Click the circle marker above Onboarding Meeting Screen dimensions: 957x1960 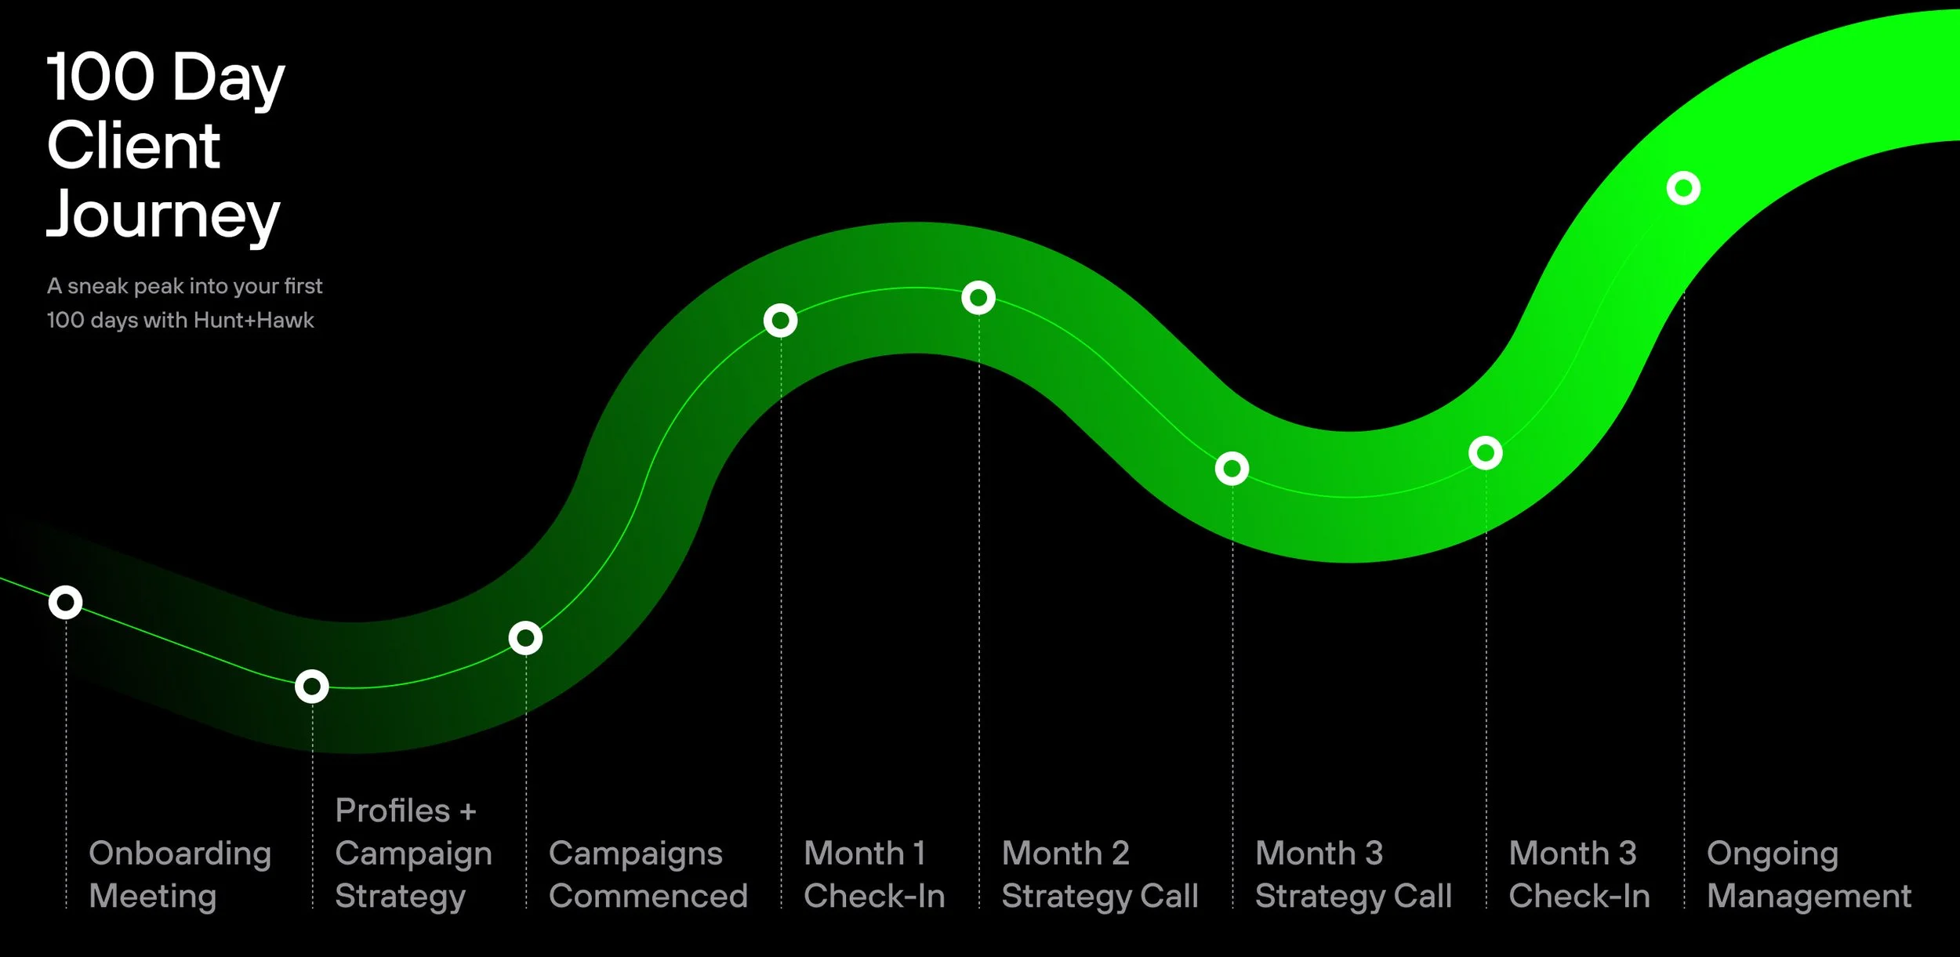pos(65,602)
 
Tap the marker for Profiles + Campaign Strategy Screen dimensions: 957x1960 pos(311,687)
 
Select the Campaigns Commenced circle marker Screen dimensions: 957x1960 pos(525,638)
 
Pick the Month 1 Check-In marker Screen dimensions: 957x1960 pos(780,320)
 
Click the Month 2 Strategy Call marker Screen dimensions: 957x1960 pos(978,298)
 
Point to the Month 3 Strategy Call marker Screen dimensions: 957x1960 pos(1232,469)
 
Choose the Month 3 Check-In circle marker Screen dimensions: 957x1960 pos(1485,453)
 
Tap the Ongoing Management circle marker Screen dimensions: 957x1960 pos(1683,188)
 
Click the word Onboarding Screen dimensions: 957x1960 pos(180,854)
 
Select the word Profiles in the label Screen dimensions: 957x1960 pos(392,810)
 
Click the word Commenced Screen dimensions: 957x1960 pos(648,896)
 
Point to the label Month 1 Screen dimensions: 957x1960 pos(864,853)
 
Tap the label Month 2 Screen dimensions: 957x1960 pos(1065,853)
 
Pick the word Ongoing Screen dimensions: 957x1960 pos(1772,854)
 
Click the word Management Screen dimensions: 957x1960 pos(1809,896)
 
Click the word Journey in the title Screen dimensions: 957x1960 pos(163,214)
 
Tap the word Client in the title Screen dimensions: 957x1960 pos(133,146)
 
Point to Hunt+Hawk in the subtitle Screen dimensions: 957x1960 pos(253,320)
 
